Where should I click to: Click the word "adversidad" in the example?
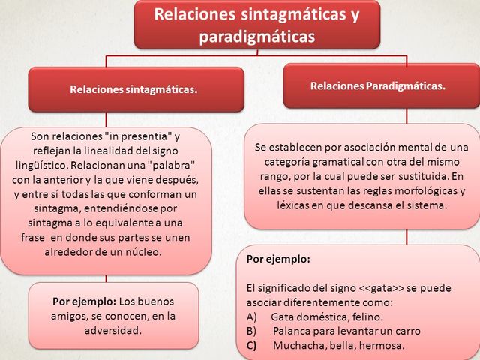pos(114,329)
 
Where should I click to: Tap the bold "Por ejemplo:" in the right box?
pos(278,259)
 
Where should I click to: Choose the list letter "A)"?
pos(252,316)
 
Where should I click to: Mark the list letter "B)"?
pos(252,331)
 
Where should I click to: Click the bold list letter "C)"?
pos(252,345)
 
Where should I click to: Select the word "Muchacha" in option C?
pos(298,345)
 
